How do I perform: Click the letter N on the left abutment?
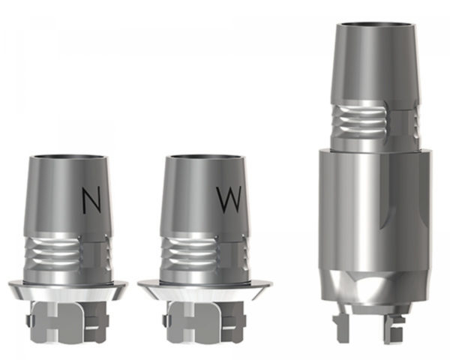coord(91,201)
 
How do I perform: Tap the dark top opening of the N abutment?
coord(69,157)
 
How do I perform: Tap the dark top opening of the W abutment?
coord(206,157)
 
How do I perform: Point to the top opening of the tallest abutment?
coord(376,24)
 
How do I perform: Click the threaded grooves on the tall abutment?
coord(359,120)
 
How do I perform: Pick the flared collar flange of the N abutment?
coord(68,290)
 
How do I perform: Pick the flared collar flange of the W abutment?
coord(205,290)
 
